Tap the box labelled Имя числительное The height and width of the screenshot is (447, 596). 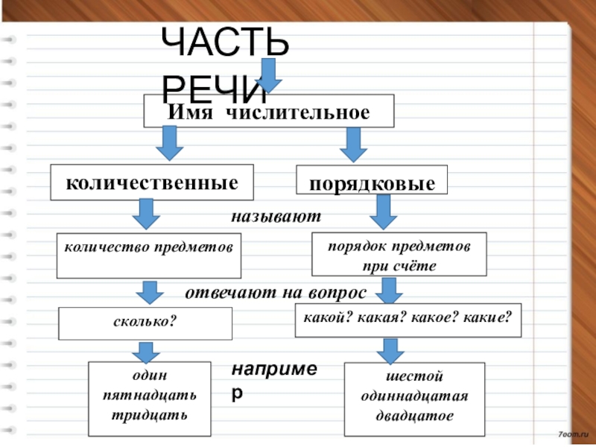pyautogui.click(x=268, y=112)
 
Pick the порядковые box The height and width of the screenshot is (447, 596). pyautogui.click(x=372, y=183)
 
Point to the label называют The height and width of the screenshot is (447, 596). pyautogui.click(x=275, y=218)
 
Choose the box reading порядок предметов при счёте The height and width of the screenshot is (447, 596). pyautogui.click(x=398, y=255)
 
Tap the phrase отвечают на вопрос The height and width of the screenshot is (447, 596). pyautogui.click(x=276, y=291)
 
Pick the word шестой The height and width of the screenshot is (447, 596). pyautogui.click(x=414, y=377)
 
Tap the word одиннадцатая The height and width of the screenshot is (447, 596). pyautogui.click(x=414, y=395)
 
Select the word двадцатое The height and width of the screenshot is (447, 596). pyautogui.click(x=414, y=413)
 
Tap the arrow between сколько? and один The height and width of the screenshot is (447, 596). pyautogui.click(x=147, y=351)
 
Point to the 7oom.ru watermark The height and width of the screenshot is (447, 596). pyautogui.click(x=571, y=433)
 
